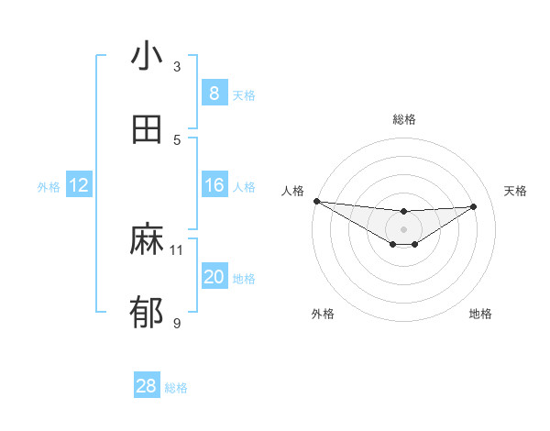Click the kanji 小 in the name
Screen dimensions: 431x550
point(147,57)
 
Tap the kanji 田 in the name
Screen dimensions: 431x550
point(147,130)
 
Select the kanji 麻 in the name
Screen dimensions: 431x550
point(147,240)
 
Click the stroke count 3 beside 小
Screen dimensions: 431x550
point(177,66)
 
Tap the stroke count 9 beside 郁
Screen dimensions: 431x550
point(177,323)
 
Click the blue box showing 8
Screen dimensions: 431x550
point(214,94)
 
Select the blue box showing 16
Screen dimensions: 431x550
point(214,185)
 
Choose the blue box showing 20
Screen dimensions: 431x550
point(214,277)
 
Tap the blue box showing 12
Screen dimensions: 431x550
point(79,185)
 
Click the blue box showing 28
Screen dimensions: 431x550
point(146,386)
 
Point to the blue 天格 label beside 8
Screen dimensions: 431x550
point(244,94)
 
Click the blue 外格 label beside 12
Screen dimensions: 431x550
point(49,186)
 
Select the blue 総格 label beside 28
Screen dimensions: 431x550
point(176,388)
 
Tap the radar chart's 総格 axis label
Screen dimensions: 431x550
point(404,119)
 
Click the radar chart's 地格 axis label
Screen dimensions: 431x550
point(480,314)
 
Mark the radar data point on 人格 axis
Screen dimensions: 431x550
point(316,201)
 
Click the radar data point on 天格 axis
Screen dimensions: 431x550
point(474,206)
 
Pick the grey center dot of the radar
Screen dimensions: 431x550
point(403,229)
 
